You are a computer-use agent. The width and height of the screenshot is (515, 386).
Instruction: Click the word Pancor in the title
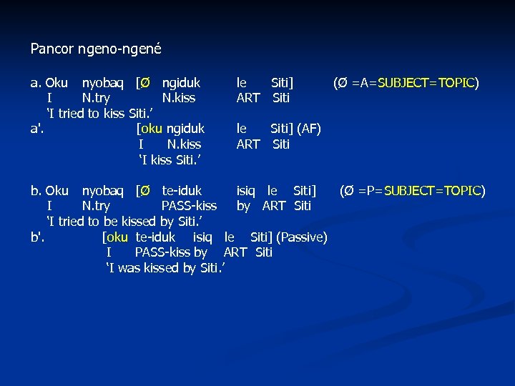48,49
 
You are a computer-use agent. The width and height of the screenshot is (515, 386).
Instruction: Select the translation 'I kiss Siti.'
169,159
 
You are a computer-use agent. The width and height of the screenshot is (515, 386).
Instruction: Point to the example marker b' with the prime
38,237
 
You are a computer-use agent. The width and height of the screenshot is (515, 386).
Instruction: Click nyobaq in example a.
105,83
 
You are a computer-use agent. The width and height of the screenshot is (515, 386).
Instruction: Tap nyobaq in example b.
105,191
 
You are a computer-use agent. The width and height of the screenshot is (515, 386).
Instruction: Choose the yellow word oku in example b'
116,237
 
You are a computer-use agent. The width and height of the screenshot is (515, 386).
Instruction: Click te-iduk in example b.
182,191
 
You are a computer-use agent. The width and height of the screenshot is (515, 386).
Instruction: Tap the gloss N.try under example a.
96,98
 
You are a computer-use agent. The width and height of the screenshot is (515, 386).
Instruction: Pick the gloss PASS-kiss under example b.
189,206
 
